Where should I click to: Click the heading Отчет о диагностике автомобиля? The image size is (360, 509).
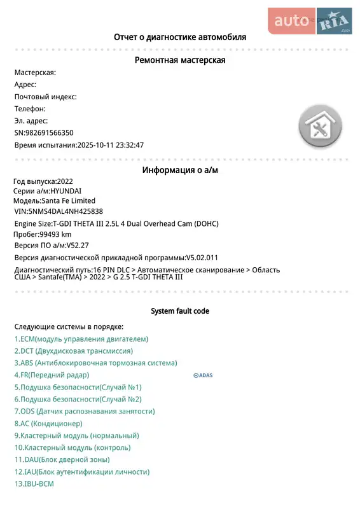(x=180, y=37)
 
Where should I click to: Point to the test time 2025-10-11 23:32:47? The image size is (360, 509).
(x=110, y=144)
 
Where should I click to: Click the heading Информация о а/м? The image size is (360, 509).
(x=180, y=170)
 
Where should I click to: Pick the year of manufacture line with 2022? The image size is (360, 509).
(x=43, y=181)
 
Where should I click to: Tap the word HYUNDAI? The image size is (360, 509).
(x=66, y=191)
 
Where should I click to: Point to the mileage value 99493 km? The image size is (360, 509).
(x=55, y=234)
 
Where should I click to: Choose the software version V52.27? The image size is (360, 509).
(x=78, y=245)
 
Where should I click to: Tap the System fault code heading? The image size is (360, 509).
(x=180, y=311)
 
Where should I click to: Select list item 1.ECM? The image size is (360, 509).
(x=81, y=339)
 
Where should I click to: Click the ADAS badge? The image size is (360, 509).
(x=203, y=375)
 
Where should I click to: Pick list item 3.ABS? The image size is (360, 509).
(x=95, y=363)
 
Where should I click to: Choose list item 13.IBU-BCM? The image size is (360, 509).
(x=34, y=484)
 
